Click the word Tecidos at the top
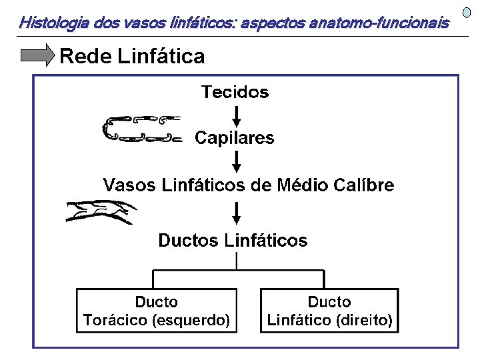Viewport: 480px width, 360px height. [x=235, y=92]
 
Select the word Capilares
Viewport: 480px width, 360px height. [x=234, y=138]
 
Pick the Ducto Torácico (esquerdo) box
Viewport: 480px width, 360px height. [x=157, y=311]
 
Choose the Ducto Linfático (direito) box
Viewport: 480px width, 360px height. [x=329, y=311]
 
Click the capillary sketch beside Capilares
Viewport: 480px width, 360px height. [x=141, y=129]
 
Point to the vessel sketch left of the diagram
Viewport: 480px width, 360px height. [x=100, y=212]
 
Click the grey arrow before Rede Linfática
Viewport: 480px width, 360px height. [x=37, y=56]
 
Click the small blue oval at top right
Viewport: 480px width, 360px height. [x=467, y=13]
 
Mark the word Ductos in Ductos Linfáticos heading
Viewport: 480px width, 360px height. [x=188, y=240]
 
